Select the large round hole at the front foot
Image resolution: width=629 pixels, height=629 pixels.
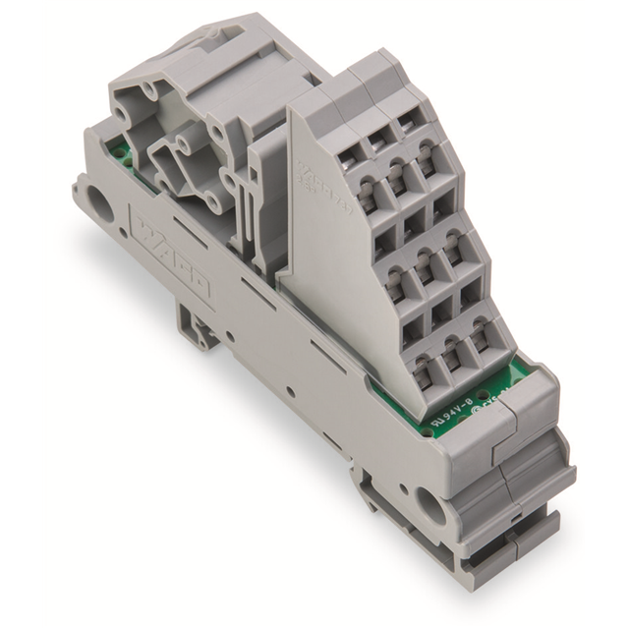pyautogui.click(x=429, y=506)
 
